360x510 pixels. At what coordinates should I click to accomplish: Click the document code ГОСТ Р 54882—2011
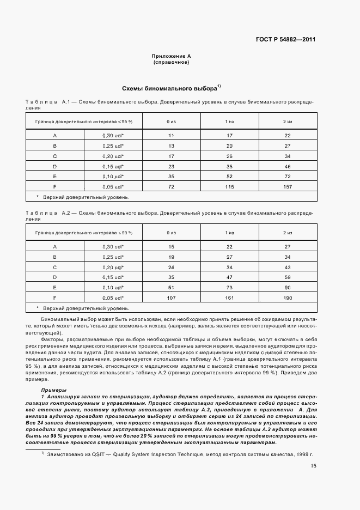pyautogui.click(x=286, y=40)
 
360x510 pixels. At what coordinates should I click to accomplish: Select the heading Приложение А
pyautogui.click(x=171, y=57)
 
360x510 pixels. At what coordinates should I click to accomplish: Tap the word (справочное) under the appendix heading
pyautogui.click(x=171, y=62)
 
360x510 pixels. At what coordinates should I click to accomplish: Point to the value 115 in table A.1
pyautogui.click(x=229, y=187)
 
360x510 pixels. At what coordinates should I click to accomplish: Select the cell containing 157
pyautogui.click(x=288, y=187)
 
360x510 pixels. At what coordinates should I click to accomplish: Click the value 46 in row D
pyautogui.click(x=288, y=166)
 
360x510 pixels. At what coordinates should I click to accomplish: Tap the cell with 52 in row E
pyautogui.click(x=229, y=177)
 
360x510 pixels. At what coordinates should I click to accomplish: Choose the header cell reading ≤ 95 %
pyautogui.click(x=84, y=121)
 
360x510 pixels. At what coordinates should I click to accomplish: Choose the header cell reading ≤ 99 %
pyautogui.click(x=84, y=233)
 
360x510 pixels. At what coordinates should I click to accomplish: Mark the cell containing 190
pyautogui.click(x=288, y=298)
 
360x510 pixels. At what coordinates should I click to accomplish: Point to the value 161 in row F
pyautogui.click(x=229, y=298)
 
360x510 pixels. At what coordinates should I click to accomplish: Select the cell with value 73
pyautogui.click(x=229, y=288)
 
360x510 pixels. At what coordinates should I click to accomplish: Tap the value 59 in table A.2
pyautogui.click(x=288, y=277)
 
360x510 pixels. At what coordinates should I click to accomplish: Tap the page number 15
pyautogui.click(x=313, y=466)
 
